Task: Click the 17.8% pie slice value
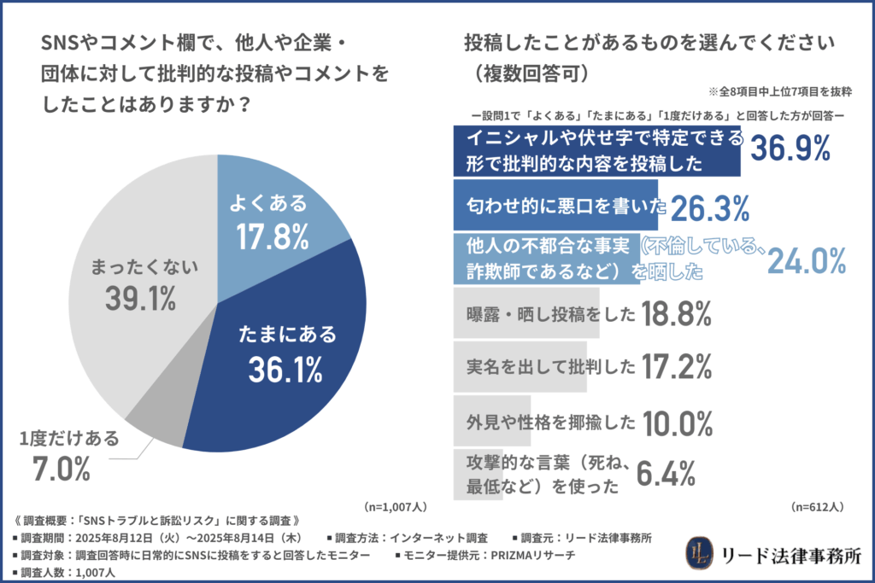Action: [272, 237]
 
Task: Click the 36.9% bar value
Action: [790, 149]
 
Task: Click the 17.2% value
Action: [676, 367]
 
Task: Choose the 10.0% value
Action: [676, 421]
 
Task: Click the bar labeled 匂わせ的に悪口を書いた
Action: [555, 205]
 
